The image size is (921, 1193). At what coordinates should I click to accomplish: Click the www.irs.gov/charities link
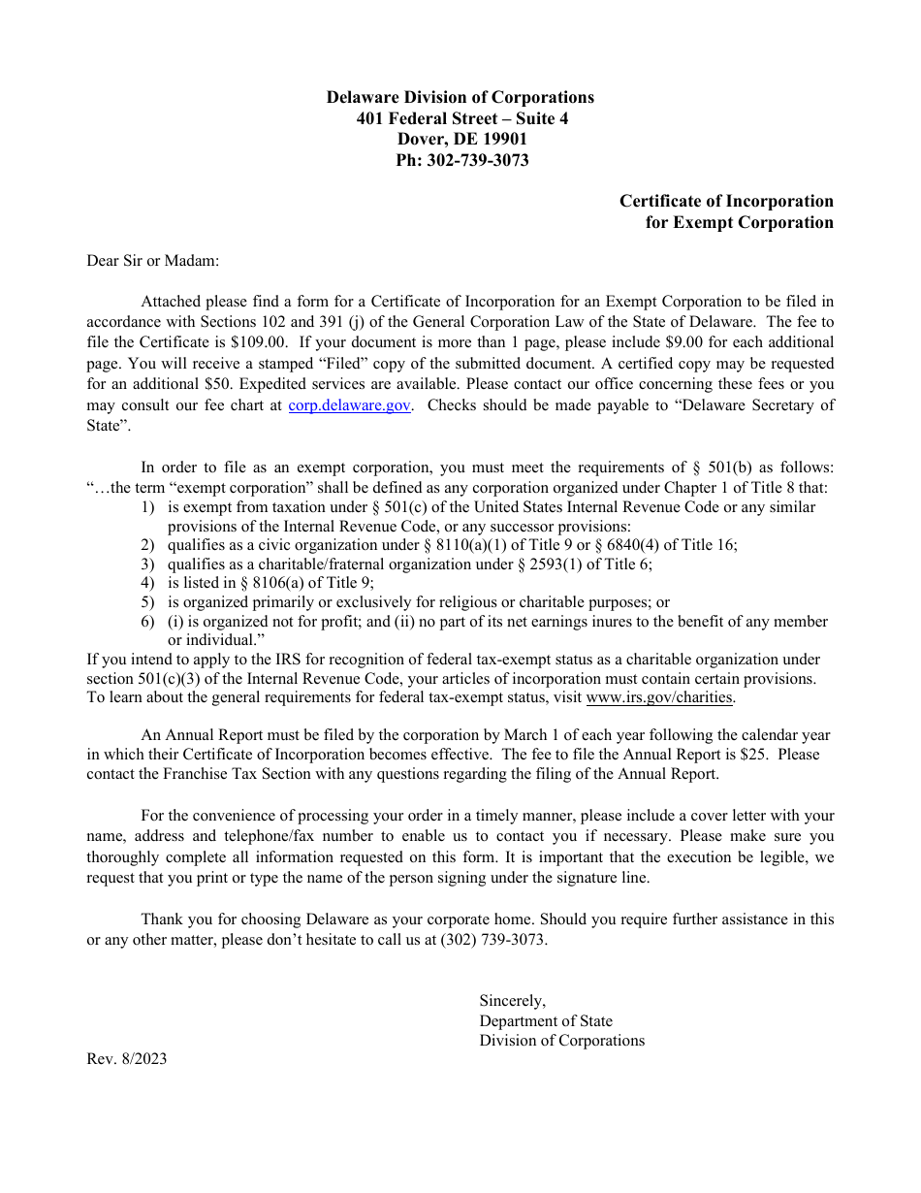tap(659, 697)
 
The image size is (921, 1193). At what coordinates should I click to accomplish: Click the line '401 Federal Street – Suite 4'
tap(461, 118)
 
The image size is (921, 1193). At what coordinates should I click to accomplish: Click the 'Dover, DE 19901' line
tap(461, 140)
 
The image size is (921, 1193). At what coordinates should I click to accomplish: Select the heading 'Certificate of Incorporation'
tap(726, 202)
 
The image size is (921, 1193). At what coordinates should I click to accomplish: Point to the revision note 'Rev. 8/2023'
tap(126, 1059)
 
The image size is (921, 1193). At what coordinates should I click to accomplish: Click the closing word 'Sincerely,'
tap(512, 1001)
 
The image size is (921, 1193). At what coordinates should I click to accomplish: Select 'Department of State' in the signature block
tap(546, 1020)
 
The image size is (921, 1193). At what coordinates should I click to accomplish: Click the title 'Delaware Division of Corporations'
tap(460, 97)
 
